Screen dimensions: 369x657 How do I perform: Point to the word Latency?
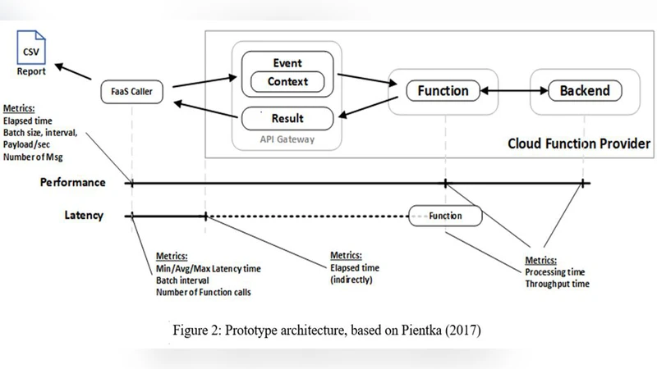[x=84, y=216]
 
